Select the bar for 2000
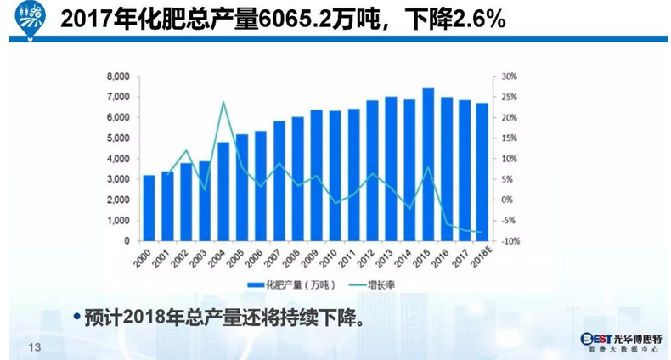149,208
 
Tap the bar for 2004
223,192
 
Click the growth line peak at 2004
223,103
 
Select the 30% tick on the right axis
509,76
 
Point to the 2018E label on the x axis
481,256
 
